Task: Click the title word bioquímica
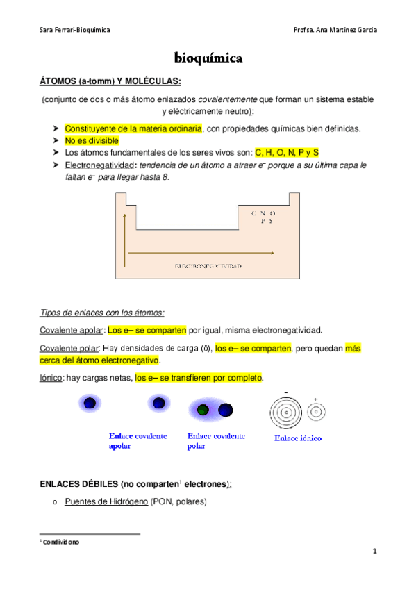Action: (208, 58)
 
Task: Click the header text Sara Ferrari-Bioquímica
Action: (74, 31)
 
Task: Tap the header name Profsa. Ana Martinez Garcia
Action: (336, 31)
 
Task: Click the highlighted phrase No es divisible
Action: (92, 140)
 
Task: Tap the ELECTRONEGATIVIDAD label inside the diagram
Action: (208, 266)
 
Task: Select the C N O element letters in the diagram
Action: (263, 212)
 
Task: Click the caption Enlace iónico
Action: (297, 438)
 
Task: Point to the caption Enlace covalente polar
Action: (216, 440)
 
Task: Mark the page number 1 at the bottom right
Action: (374, 551)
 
